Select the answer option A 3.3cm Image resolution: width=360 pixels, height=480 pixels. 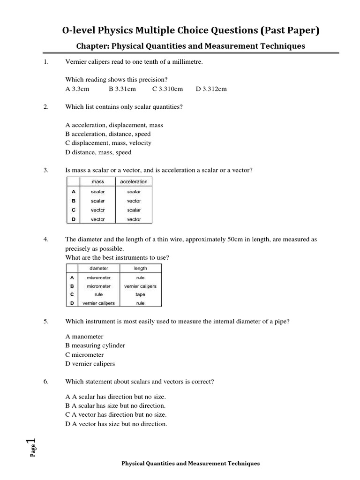coord(77,89)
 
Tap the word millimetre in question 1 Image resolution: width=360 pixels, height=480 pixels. coord(187,62)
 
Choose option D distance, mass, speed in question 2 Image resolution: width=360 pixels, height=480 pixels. coord(98,152)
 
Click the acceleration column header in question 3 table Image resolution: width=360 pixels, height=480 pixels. coord(134,182)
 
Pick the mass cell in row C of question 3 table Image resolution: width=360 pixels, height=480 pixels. coord(97,210)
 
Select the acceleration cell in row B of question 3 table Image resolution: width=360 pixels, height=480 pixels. coord(134,201)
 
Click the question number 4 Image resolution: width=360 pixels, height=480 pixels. coord(46,240)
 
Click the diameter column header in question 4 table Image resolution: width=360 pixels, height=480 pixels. coord(98,269)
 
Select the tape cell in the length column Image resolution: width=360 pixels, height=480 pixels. coord(140,295)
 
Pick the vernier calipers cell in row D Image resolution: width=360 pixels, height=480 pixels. coord(98,303)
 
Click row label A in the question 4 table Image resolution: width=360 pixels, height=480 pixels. coord(72,277)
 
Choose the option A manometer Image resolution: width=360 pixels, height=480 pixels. coord(84,337)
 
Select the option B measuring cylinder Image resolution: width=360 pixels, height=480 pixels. coord(95,345)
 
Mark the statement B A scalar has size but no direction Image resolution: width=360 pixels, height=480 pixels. coord(115,405)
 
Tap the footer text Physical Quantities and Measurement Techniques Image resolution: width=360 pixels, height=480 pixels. coord(190,464)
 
